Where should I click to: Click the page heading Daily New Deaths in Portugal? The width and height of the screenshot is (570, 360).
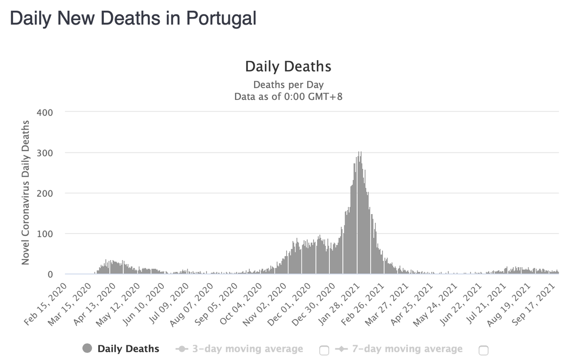coord(133,18)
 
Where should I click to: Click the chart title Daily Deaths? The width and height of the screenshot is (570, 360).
coord(288,67)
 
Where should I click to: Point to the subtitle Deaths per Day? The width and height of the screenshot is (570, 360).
coord(288,85)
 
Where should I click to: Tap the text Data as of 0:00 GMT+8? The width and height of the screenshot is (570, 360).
coord(288,96)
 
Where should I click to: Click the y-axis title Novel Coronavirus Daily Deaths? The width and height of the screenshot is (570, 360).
coord(26,193)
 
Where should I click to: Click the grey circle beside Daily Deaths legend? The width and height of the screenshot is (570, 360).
coord(87,348)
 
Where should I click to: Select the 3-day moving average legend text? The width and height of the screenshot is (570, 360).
coord(247,349)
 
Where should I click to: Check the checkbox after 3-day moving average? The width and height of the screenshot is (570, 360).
coord(324,351)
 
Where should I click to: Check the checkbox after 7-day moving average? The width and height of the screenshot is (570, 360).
coord(483,351)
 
